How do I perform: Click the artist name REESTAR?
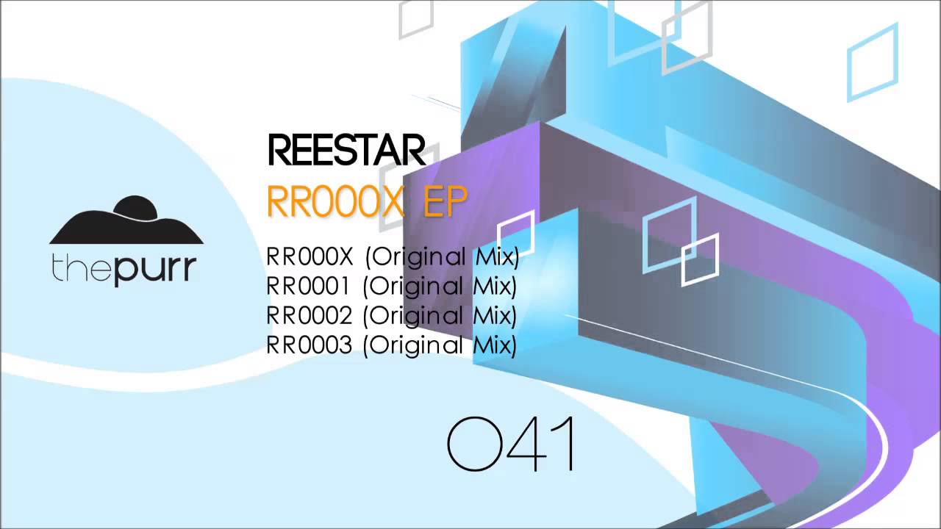pos(346,151)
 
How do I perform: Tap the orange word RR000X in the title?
pos(335,201)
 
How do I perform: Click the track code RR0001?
pos(310,286)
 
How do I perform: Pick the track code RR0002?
pos(310,315)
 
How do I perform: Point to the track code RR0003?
pos(310,345)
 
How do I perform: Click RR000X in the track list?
pos(310,257)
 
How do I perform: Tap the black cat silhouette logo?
pos(126,220)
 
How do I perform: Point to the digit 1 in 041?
pos(565,445)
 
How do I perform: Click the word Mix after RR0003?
pos(492,345)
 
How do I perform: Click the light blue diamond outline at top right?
pos(873,62)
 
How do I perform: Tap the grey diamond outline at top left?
pos(416,18)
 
